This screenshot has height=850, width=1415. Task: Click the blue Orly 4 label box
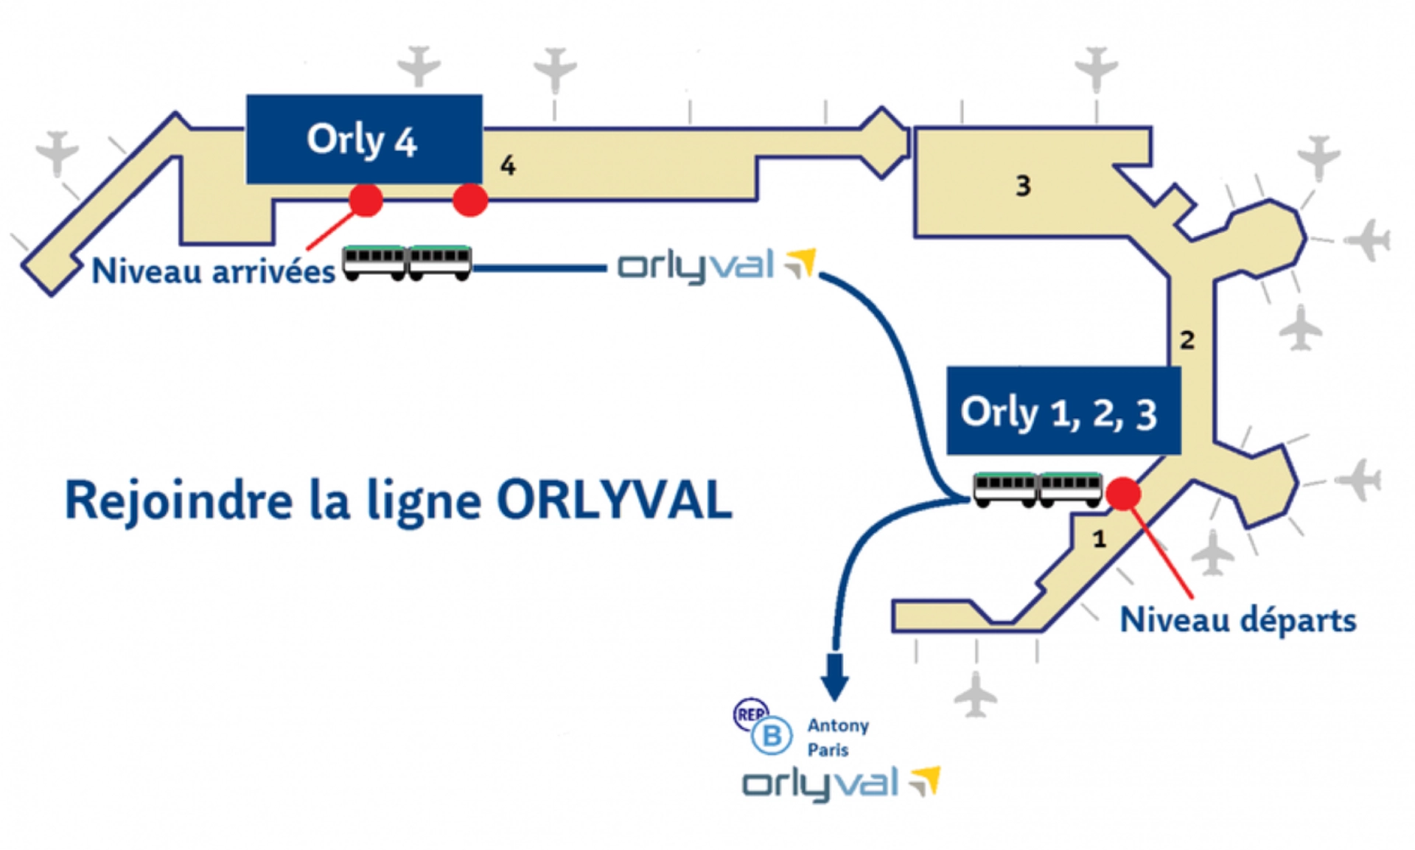[x=364, y=139]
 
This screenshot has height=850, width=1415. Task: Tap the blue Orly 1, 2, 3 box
[x=1063, y=411]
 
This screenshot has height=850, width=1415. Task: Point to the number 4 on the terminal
[x=508, y=166]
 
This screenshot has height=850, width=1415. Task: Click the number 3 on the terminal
[x=1023, y=186]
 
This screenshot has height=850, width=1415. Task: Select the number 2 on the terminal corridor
[x=1187, y=340]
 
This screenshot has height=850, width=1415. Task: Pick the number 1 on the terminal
[x=1100, y=540]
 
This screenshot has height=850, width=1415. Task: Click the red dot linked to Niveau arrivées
[x=366, y=200]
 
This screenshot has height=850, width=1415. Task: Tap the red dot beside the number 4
[x=470, y=200]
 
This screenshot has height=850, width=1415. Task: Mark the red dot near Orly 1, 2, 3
[x=1124, y=494]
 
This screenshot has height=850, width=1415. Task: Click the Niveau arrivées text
[x=213, y=271]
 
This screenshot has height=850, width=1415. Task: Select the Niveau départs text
[x=1237, y=620]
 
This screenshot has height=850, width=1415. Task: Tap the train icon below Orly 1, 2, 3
[x=1038, y=490]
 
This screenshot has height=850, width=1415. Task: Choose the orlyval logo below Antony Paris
[x=840, y=784]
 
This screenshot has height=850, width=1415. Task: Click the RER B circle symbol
[x=770, y=735]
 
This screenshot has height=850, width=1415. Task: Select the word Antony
[x=838, y=725]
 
